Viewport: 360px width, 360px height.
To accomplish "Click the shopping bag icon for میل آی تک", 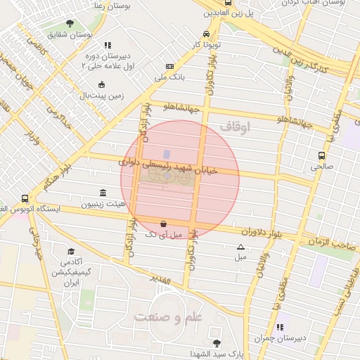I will click(163, 222).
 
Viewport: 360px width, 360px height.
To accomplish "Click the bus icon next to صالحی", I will click(321, 155).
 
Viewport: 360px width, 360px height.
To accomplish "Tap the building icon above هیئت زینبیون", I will click(103, 193).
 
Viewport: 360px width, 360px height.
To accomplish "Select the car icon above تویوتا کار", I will click(205, 34).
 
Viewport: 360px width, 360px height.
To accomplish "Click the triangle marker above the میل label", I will click(240, 247).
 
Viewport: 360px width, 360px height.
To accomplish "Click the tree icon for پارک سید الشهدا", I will click(216, 343).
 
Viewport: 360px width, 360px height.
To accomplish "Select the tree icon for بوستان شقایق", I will click(69, 23).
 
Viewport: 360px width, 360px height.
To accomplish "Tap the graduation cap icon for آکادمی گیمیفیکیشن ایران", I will click(70, 252).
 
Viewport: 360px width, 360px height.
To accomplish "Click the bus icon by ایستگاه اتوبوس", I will click(25, 199).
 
